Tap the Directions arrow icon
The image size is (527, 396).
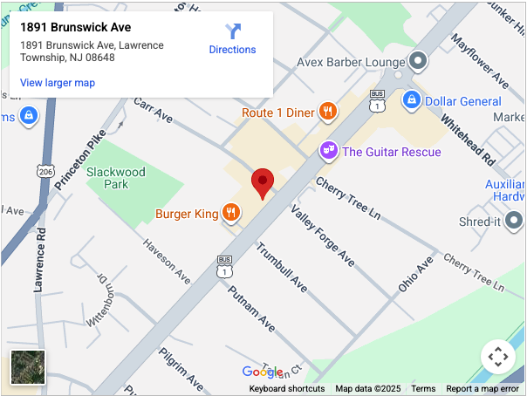tap(233, 31)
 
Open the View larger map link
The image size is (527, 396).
tap(58, 83)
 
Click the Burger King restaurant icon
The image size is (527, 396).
tap(231, 213)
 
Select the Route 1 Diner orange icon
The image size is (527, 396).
tap(327, 112)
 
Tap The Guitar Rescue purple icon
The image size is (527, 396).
tap(328, 151)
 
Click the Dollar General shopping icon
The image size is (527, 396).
tap(412, 101)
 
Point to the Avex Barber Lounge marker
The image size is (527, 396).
tap(418, 62)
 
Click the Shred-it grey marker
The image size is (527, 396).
tap(515, 222)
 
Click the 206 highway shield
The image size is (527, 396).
tap(45, 172)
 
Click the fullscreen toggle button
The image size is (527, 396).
tap(497, 356)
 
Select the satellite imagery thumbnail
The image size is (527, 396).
tap(26, 367)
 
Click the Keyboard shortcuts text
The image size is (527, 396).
tap(287, 389)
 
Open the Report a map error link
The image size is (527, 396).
tap(483, 389)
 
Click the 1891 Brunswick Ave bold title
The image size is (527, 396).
tap(76, 27)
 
